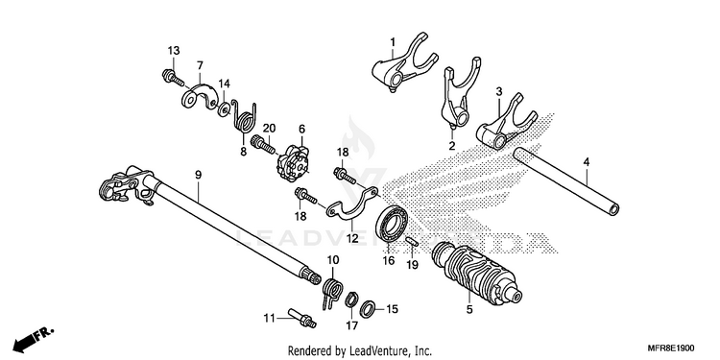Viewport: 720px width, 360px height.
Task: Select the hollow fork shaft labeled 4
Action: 566,180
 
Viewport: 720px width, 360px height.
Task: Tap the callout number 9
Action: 198,175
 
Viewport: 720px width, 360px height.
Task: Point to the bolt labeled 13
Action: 173,78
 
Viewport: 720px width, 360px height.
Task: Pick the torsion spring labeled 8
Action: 244,116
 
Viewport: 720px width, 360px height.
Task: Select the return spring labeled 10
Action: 332,293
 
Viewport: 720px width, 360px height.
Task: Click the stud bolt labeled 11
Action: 301,318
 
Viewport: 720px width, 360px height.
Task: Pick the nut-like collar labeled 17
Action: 351,300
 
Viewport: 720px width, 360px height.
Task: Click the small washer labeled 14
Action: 224,109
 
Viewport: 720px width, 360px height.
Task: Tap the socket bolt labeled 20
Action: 263,144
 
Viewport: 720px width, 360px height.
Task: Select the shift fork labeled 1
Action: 404,62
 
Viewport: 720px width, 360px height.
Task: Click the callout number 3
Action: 499,91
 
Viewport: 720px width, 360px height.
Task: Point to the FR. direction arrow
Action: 33,339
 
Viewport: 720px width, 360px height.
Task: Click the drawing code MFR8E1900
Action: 671,348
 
